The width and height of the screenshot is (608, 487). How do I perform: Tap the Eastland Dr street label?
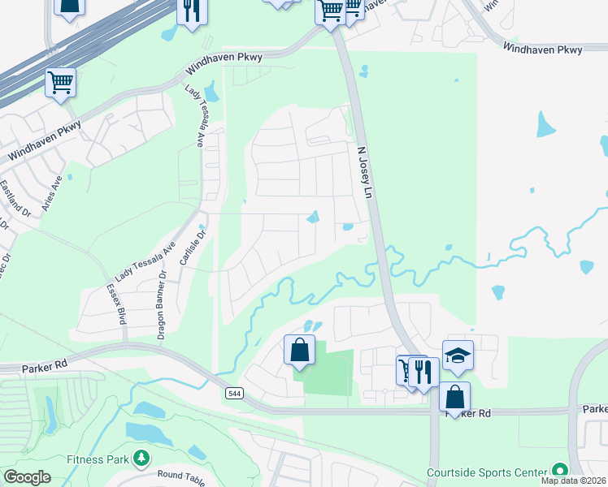click(x=15, y=199)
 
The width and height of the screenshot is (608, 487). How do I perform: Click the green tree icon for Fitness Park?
click(x=141, y=459)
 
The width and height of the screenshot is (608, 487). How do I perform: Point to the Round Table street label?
click(x=181, y=476)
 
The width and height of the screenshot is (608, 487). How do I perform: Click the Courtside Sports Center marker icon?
click(x=558, y=471)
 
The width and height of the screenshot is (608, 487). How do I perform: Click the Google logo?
click(x=26, y=477)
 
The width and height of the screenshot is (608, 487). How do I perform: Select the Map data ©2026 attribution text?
click(x=573, y=481)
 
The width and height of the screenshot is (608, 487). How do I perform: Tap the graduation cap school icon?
click(x=458, y=355)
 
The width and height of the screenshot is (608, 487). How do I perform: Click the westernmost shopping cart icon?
click(x=61, y=82)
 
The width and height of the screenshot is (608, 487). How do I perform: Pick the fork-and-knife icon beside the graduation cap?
click(x=423, y=372)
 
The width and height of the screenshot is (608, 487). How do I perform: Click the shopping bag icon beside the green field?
click(x=299, y=350)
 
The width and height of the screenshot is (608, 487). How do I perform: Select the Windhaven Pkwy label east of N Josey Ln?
click(x=542, y=50)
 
